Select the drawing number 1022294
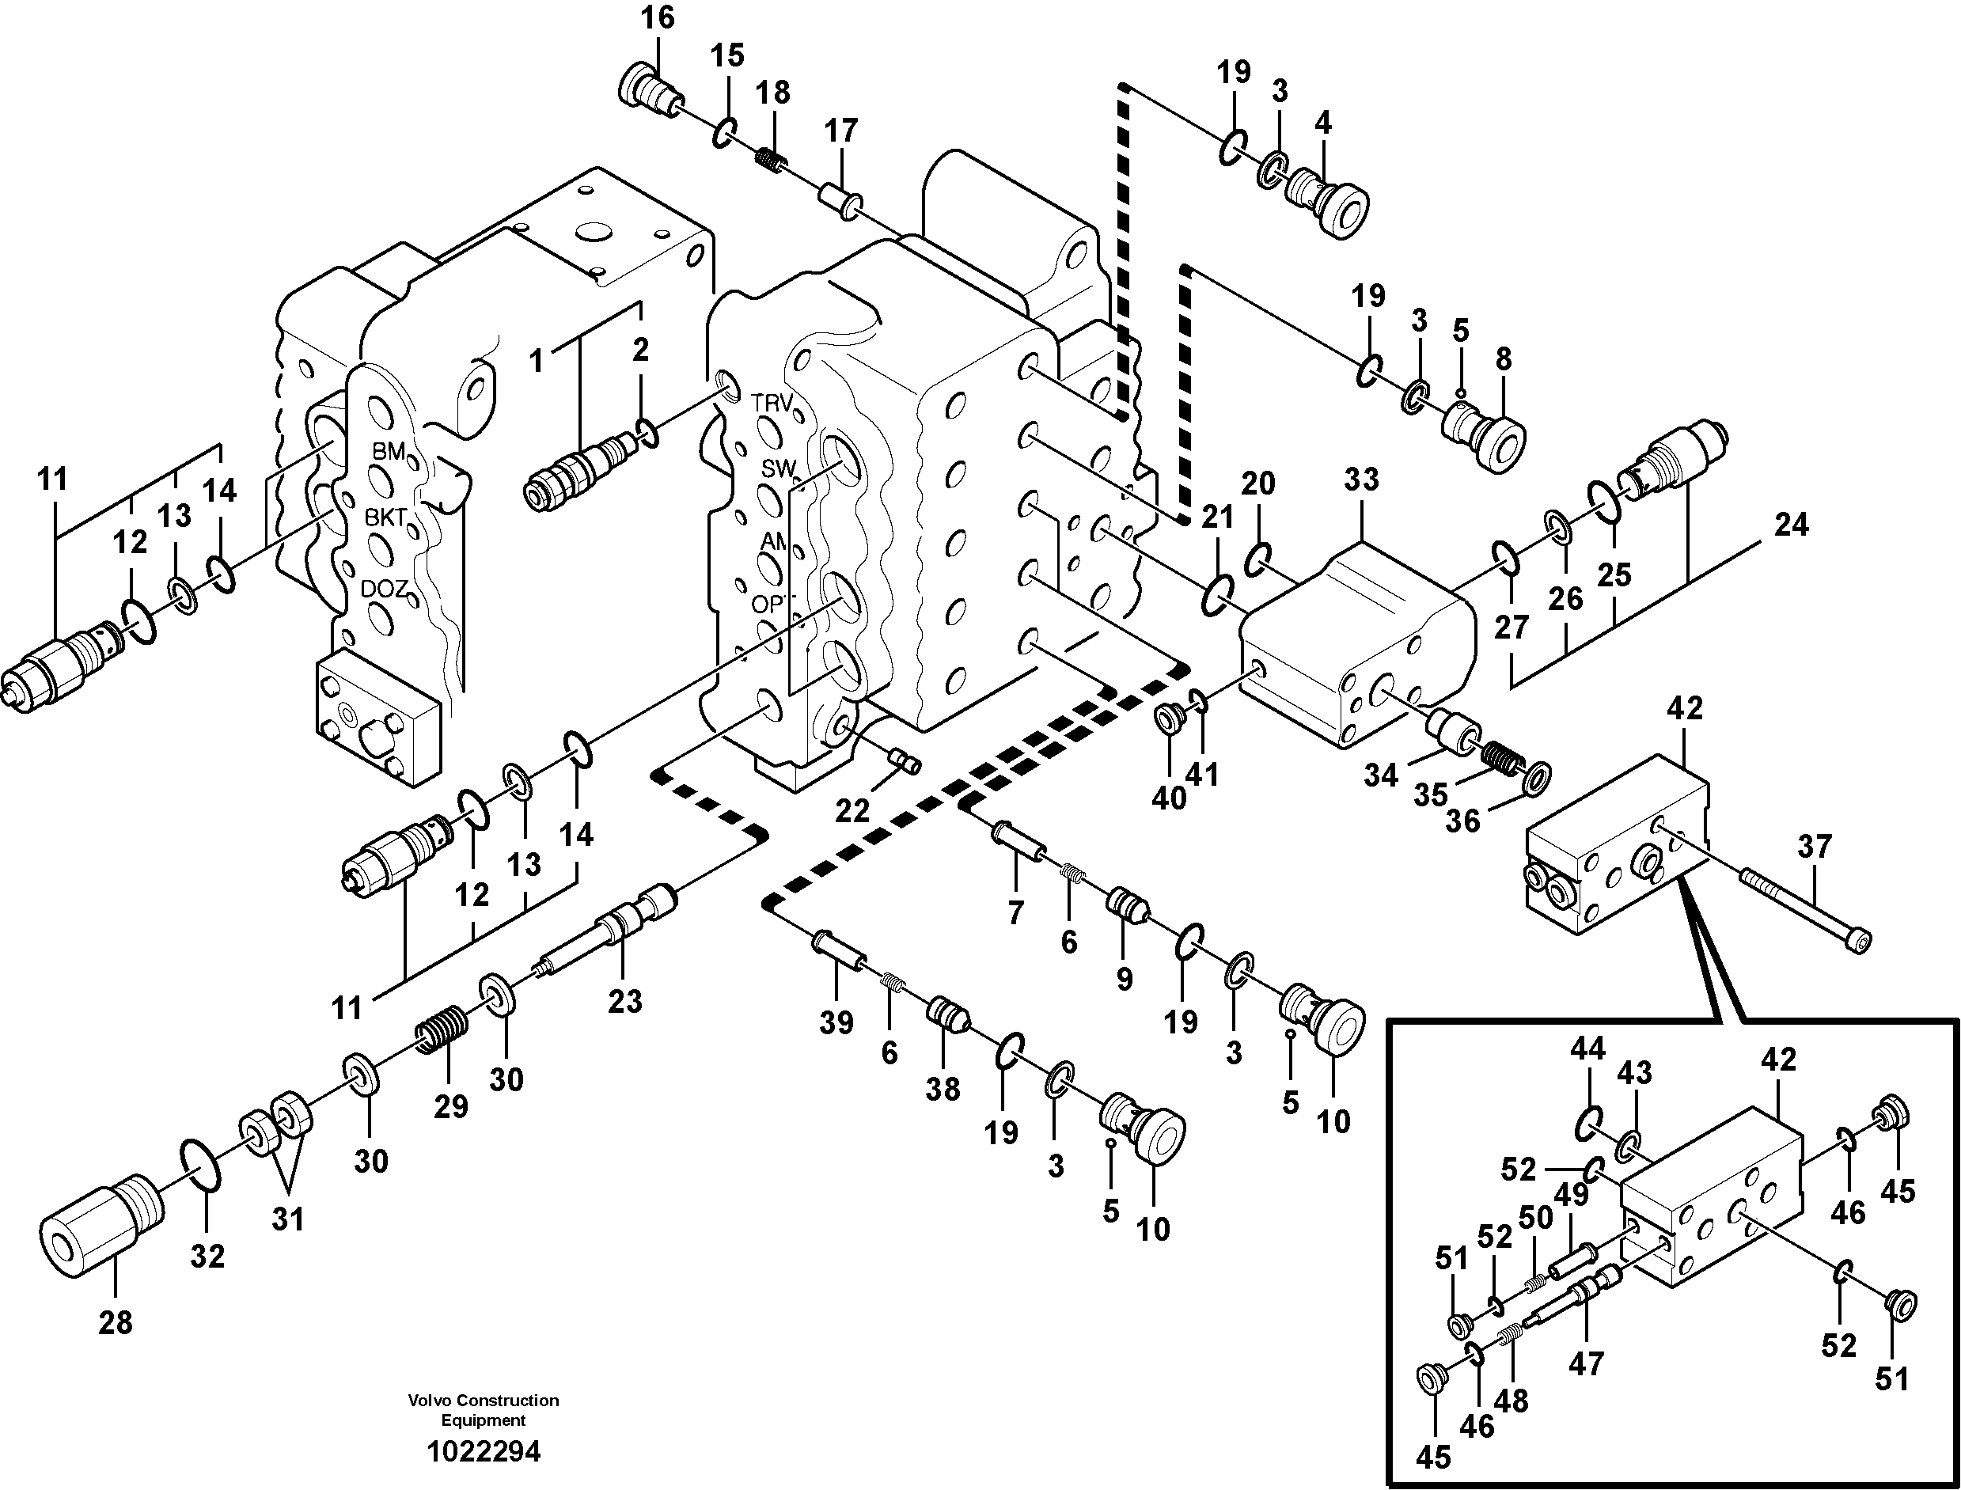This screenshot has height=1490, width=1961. [484, 1452]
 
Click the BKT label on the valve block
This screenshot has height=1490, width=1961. [387, 517]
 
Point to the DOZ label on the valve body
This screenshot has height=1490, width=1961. [384, 589]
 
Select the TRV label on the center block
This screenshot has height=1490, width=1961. [772, 403]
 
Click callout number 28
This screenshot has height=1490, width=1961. [116, 1322]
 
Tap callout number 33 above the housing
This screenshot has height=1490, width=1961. [1361, 480]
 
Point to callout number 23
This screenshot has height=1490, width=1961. [624, 1001]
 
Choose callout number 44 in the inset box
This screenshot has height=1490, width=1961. [1587, 1049]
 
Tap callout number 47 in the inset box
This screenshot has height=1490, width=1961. [1586, 1363]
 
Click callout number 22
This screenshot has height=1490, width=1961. [852, 810]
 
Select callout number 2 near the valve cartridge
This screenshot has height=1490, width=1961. [640, 350]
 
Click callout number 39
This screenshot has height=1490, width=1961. [836, 1022]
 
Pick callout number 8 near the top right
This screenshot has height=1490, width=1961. [1504, 359]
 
